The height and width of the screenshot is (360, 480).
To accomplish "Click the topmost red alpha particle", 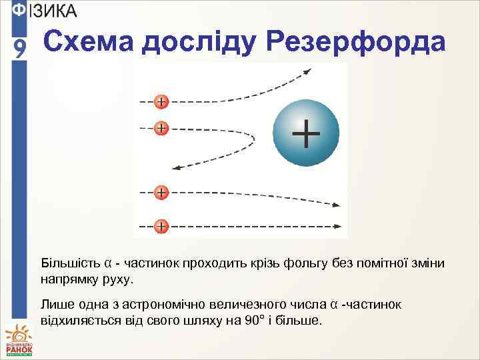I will coord(161,102).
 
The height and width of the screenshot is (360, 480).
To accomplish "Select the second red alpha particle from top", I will coord(161,127).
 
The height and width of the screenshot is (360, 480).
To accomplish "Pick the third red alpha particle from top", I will coord(161,193).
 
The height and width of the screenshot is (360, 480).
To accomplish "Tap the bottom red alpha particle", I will coord(161,226).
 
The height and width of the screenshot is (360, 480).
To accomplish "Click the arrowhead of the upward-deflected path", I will coord(307,70).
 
